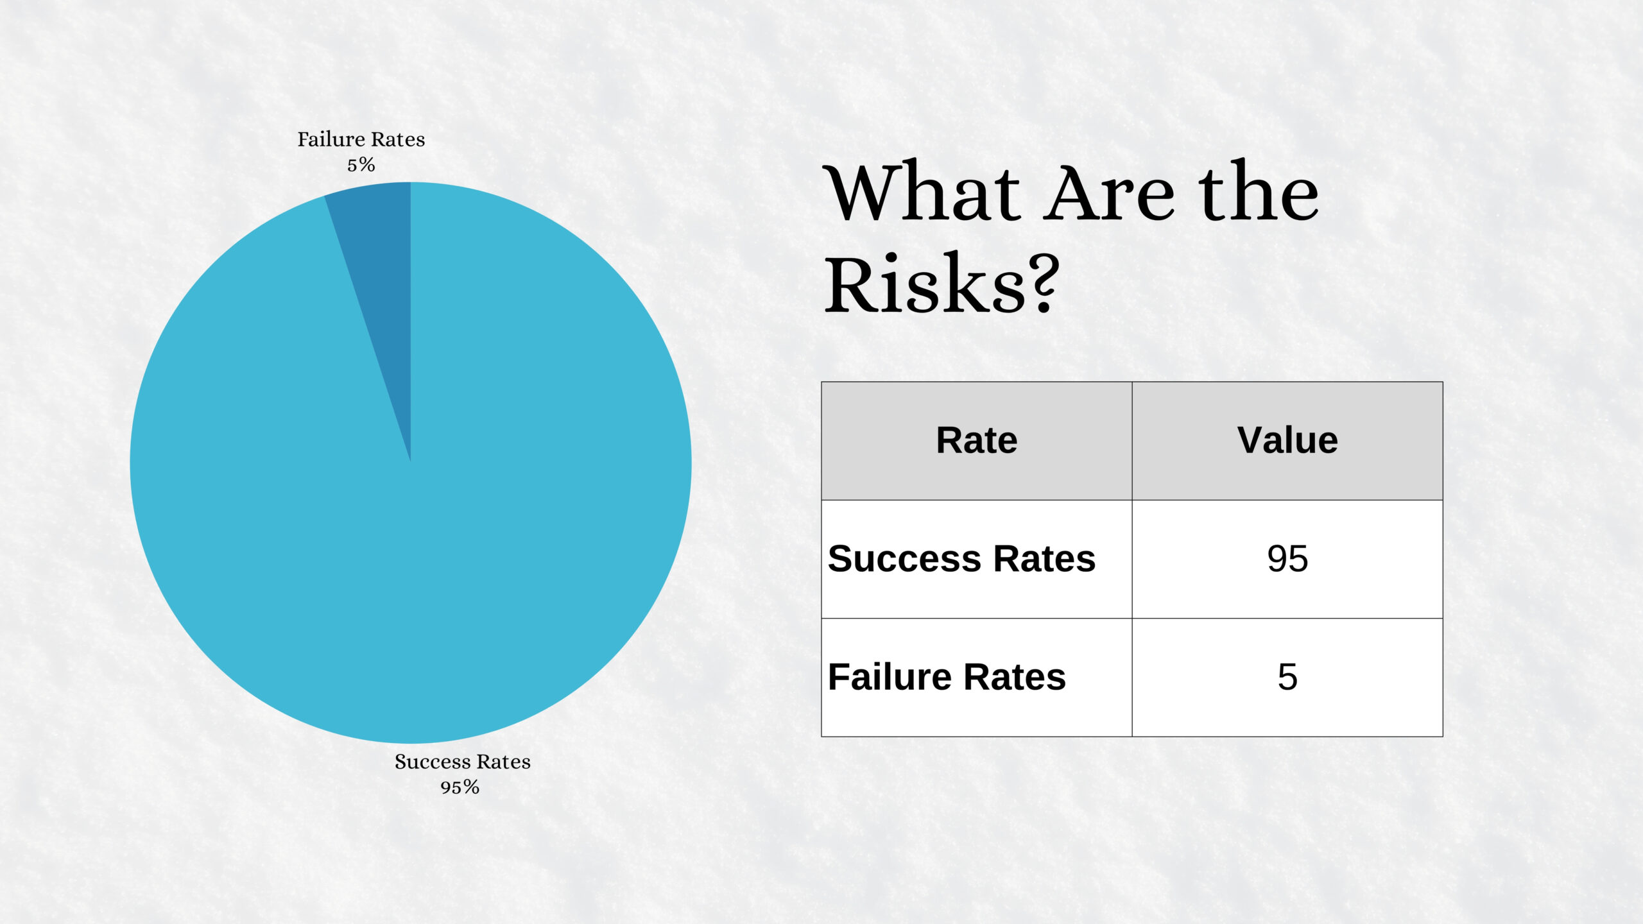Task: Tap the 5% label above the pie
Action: tap(361, 165)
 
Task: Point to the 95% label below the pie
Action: tap(460, 787)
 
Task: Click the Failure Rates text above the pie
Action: tap(361, 139)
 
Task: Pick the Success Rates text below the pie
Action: tap(463, 762)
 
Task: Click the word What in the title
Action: tap(922, 192)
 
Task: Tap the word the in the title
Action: tap(1259, 191)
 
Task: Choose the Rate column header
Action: tap(977, 441)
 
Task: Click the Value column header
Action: tap(1287, 441)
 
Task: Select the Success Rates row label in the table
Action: tap(961, 558)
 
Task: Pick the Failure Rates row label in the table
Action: tap(947, 677)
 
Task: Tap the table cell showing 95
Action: tap(1287, 559)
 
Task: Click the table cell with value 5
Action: tap(1287, 678)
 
